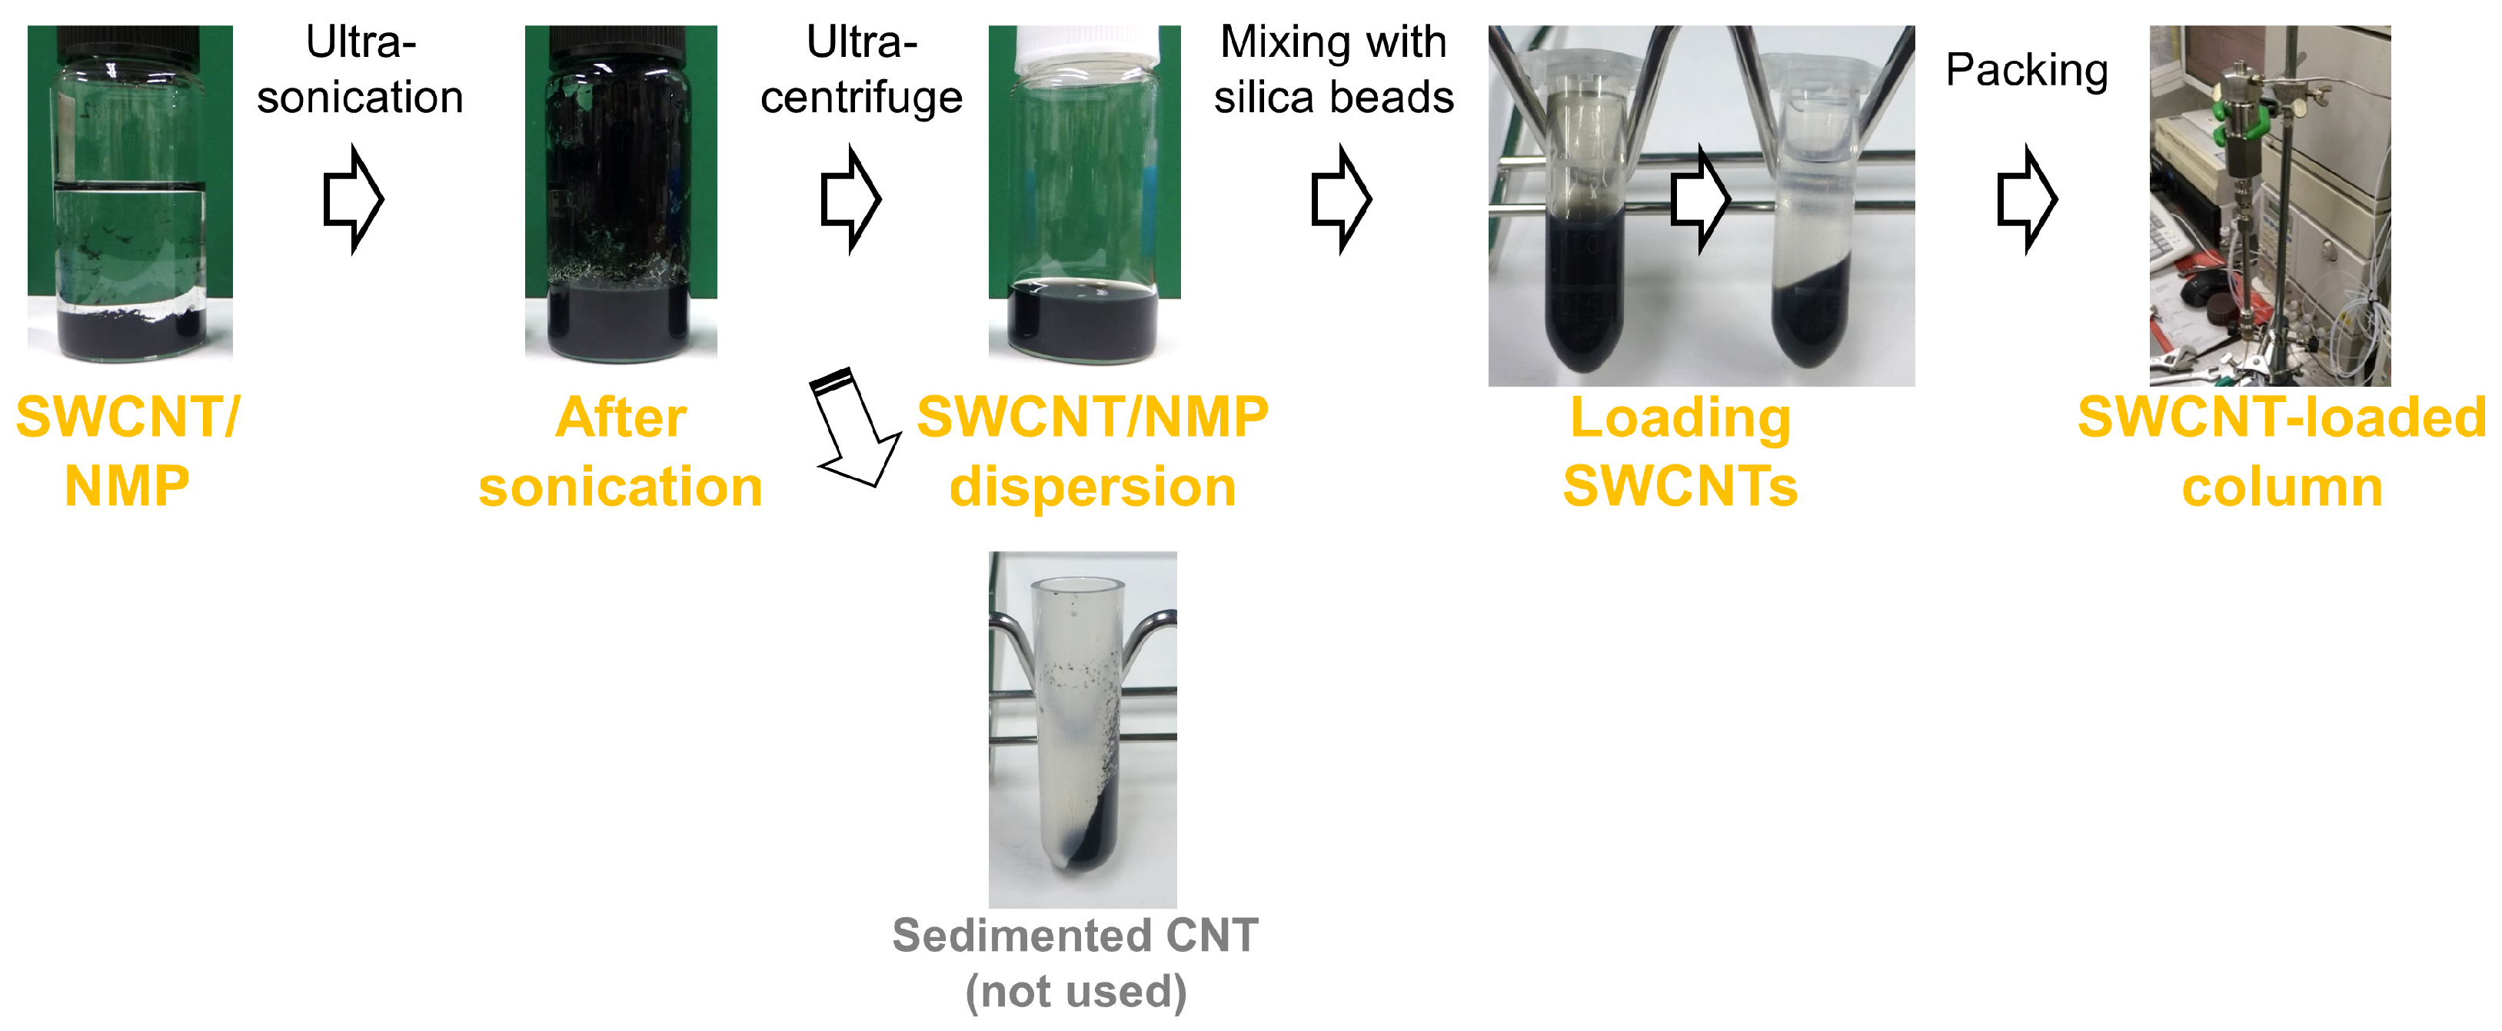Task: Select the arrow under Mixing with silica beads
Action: [1341, 199]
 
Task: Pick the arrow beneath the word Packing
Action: [2027, 199]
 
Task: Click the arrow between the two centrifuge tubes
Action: [1701, 199]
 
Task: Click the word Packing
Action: [2027, 71]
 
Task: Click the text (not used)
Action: [1076, 992]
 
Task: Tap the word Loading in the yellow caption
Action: [1680, 418]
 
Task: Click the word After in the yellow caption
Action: [621, 418]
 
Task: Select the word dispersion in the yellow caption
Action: [1093, 487]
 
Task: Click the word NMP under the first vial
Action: [127, 487]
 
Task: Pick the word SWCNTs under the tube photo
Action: [1680, 487]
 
